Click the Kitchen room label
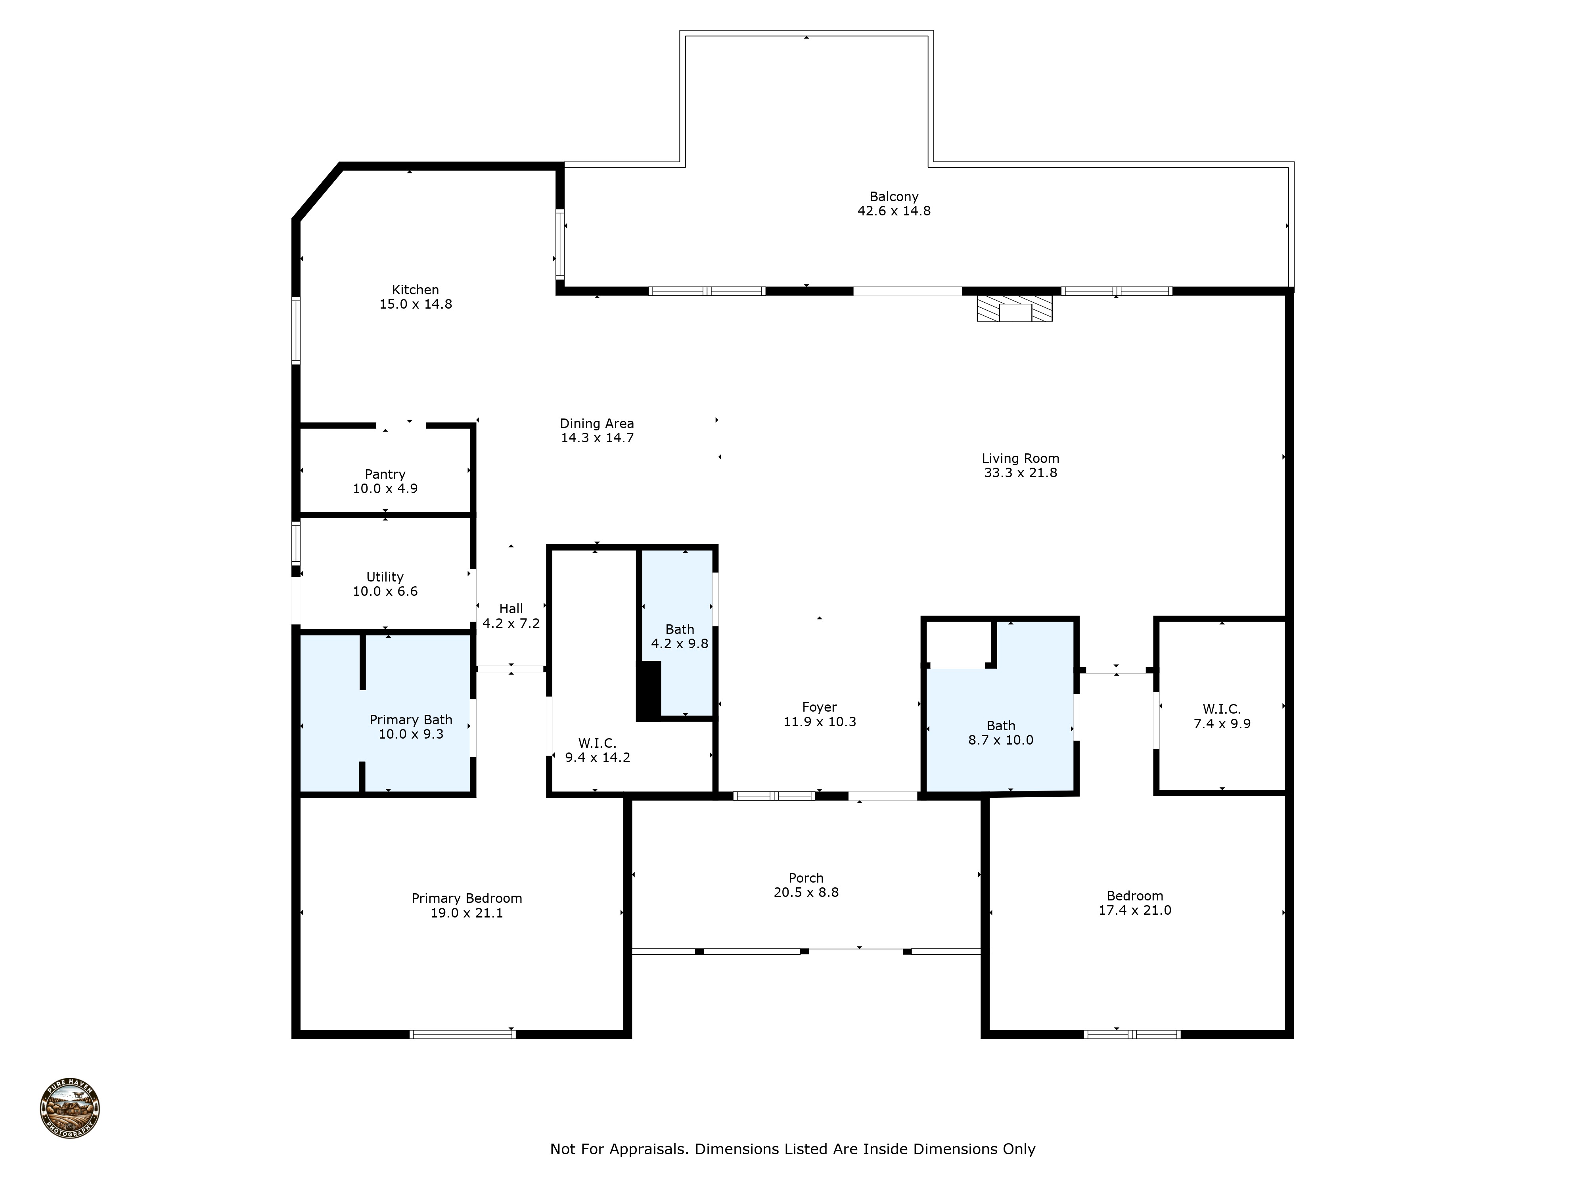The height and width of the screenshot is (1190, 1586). click(x=415, y=290)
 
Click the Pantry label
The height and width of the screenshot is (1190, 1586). click(x=385, y=474)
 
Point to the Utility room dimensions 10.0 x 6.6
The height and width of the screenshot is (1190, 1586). click(x=385, y=591)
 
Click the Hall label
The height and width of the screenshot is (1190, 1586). click(x=511, y=608)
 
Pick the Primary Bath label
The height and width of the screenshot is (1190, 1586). click(x=411, y=720)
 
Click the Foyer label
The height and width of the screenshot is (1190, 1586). click(x=820, y=707)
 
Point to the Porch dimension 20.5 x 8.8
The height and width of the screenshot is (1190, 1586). click(x=806, y=892)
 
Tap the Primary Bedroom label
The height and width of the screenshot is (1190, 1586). click(x=467, y=898)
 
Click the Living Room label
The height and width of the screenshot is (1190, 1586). click(x=1020, y=459)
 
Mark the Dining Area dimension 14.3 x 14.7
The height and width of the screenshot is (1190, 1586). click(x=597, y=438)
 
